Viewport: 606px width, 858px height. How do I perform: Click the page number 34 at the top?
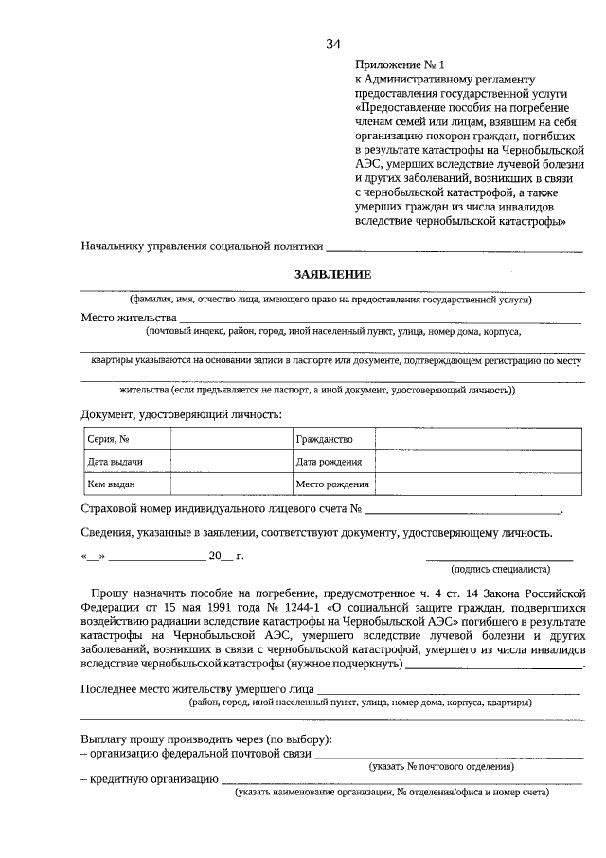point(333,44)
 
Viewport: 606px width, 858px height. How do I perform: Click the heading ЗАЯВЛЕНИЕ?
point(332,274)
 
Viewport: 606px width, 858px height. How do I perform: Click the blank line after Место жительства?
point(379,320)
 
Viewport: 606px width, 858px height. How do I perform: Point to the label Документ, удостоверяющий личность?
point(182,414)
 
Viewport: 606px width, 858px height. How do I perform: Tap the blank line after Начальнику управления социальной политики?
point(454,248)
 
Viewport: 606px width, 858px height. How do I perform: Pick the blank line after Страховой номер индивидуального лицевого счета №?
point(463,511)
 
